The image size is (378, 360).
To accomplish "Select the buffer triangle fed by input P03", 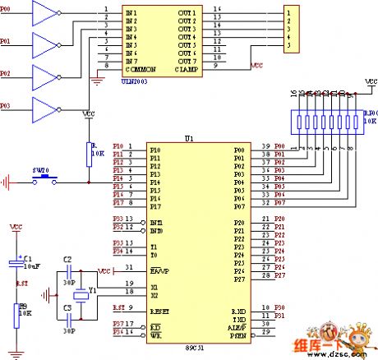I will tap(43, 107).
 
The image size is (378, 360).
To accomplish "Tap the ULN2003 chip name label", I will tap(136, 81).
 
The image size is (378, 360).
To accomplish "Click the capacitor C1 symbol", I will tap(16, 263).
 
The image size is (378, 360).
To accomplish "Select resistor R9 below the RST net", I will tap(16, 313).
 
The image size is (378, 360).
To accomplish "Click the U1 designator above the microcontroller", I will tap(190, 140).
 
